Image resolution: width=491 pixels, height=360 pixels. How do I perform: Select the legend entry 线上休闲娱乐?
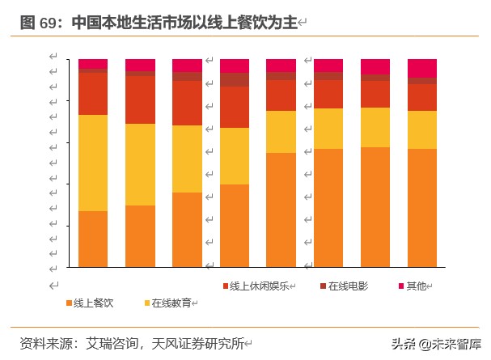point(260,286)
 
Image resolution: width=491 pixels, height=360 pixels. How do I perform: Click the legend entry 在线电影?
point(348,286)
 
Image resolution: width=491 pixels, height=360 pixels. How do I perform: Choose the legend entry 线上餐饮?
point(93,303)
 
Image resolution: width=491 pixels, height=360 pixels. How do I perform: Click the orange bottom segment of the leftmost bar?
point(93,239)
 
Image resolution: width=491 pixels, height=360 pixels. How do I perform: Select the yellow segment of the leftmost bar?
point(93,163)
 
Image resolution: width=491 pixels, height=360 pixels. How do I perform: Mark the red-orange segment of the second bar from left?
point(140,100)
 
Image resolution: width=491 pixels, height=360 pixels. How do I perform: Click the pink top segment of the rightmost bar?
point(421,68)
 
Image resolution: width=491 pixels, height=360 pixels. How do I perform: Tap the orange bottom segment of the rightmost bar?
point(421,208)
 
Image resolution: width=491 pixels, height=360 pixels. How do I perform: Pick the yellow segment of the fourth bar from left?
point(235,156)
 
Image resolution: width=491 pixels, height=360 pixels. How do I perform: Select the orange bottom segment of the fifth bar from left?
point(281,210)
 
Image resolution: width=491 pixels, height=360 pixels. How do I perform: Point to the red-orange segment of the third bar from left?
point(188,103)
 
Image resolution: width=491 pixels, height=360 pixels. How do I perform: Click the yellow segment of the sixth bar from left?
point(328,129)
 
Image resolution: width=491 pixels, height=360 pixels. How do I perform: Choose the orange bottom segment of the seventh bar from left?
point(375,207)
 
